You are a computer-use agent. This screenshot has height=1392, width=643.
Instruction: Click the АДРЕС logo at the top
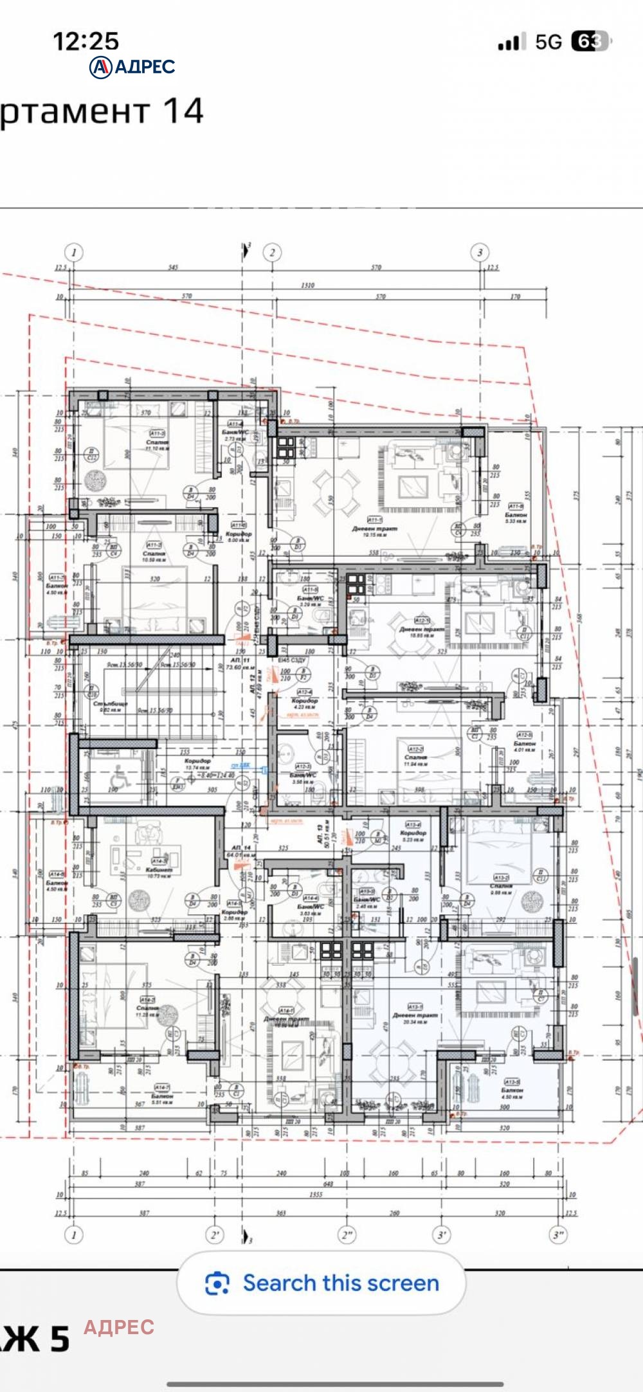pos(132,66)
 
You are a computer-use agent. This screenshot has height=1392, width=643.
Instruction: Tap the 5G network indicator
pos(548,42)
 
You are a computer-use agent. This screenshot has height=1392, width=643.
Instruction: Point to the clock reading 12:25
pos(86,42)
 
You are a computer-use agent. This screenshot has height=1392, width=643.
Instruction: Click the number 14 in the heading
pos(183,111)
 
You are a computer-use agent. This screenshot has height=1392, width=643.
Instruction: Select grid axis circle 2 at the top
pos(272,252)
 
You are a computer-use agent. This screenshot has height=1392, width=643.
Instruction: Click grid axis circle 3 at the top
pos(479,252)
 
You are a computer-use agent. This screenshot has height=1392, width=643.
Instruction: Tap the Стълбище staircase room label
pos(111,705)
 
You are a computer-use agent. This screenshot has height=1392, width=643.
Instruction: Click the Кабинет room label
pos(159,870)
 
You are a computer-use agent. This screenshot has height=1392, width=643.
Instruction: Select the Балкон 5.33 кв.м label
pos(516,516)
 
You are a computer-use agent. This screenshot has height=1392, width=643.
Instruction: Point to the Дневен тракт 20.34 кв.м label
pos(415,1017)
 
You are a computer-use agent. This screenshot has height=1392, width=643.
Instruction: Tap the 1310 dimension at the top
pos(307,285)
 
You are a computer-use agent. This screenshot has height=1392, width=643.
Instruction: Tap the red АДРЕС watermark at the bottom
pos(119,1327)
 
